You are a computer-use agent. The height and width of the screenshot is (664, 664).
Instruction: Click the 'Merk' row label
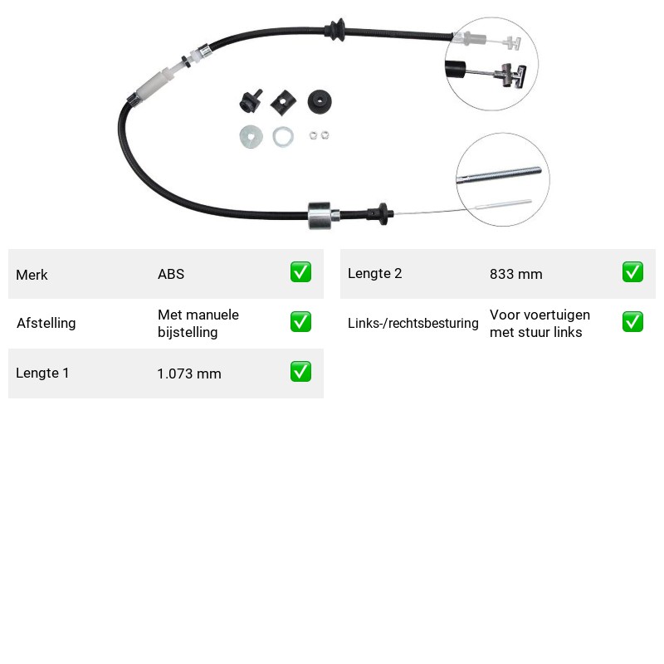coord(32,275)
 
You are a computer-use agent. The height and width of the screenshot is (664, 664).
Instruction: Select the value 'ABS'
coord(171,274)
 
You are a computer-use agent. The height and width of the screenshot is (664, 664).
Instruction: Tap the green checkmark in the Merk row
coord(300,272)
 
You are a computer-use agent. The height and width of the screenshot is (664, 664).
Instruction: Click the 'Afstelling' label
coord(46,323)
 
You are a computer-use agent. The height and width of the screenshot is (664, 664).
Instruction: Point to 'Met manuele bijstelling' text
coord(198,324)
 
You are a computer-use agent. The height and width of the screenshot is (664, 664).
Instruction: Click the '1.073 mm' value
coord(189,373)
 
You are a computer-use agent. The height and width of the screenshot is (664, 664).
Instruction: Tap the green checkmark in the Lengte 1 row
coord(300,371)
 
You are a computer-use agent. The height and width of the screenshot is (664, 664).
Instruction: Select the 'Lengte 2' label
coord(375,274)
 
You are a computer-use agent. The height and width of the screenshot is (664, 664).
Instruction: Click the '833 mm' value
coord(515,274)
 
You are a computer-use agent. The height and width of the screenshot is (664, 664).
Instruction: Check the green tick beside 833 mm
coord(632,272)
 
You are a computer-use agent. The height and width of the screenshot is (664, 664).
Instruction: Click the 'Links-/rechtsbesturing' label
coord(413,323)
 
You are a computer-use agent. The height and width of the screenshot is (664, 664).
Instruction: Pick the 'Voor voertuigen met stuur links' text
coord(540,324)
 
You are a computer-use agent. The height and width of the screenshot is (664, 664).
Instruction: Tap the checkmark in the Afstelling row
coord(300,322)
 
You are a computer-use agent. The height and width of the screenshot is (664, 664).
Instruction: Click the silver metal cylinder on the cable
coord(320,216)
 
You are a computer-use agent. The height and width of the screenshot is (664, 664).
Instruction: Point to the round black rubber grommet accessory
coord(320,101)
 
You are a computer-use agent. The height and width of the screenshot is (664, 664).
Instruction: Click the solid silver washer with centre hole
coord(251,137)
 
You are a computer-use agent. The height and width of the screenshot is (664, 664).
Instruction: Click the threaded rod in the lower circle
coord(500,175)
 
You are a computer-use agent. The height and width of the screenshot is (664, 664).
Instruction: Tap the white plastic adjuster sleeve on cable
coord(157,85)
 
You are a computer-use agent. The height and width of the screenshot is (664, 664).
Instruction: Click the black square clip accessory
coord(283,102)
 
